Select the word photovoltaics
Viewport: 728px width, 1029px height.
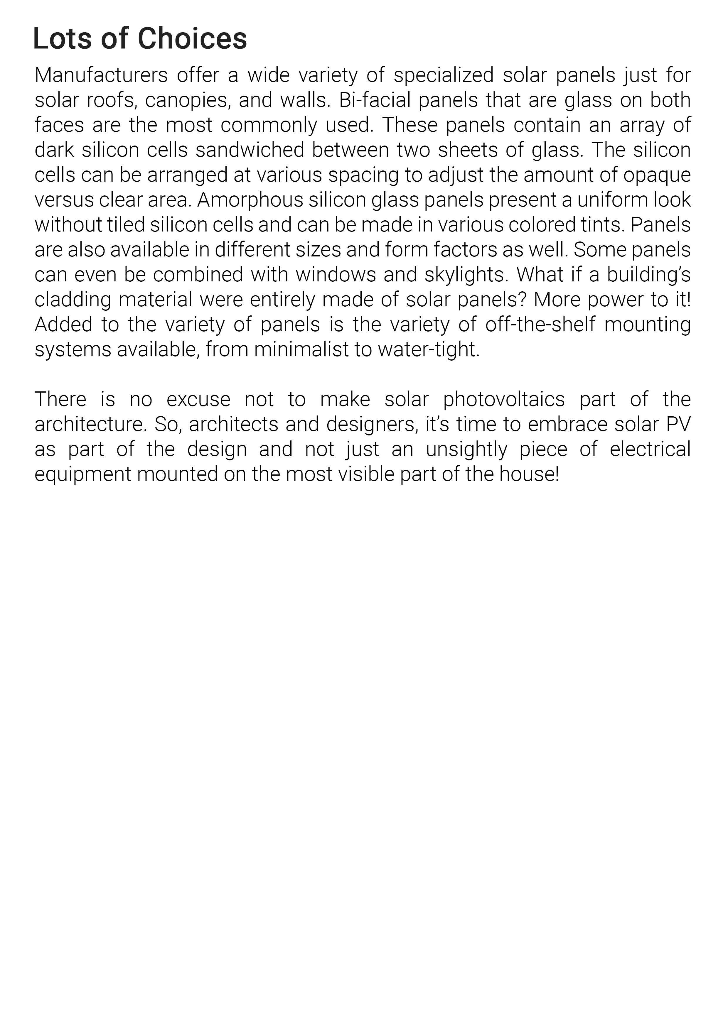point(504,399)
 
